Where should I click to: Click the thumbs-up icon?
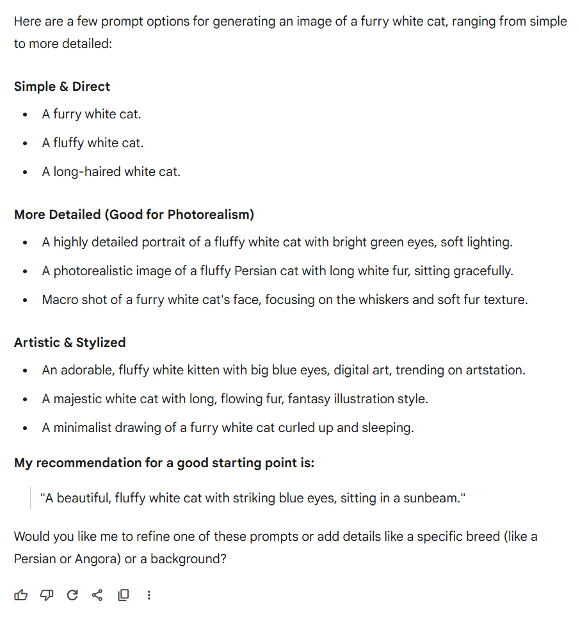[21, 595]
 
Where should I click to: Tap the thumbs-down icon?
[47, 595]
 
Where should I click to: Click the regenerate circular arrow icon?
[72, 595]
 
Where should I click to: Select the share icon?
[97, 595]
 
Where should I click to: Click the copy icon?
[123, 595]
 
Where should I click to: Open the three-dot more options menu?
[149, 595]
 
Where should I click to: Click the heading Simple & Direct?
[62, 86]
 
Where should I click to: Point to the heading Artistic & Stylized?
[70, 342]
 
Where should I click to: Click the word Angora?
[95, 559]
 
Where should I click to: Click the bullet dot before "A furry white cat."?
[25, 115]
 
